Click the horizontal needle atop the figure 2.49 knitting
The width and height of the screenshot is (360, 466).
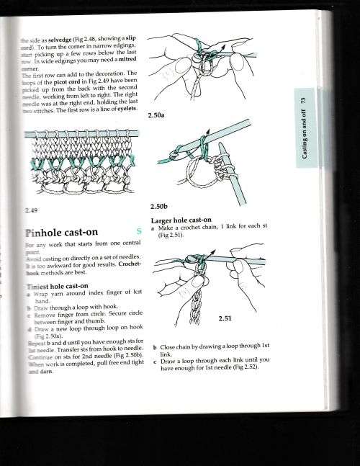click(x=79, y=133)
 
